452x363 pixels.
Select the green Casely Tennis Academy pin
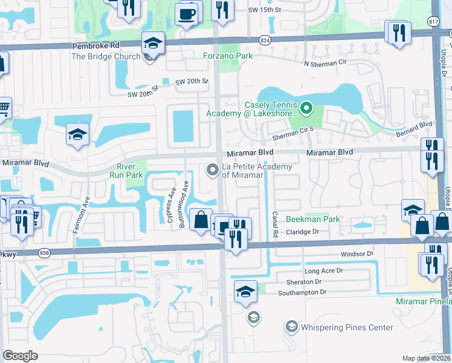(x=306, y=109)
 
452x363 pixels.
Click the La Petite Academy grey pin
(x=212, y=171)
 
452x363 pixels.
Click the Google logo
(x=21, y=355)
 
